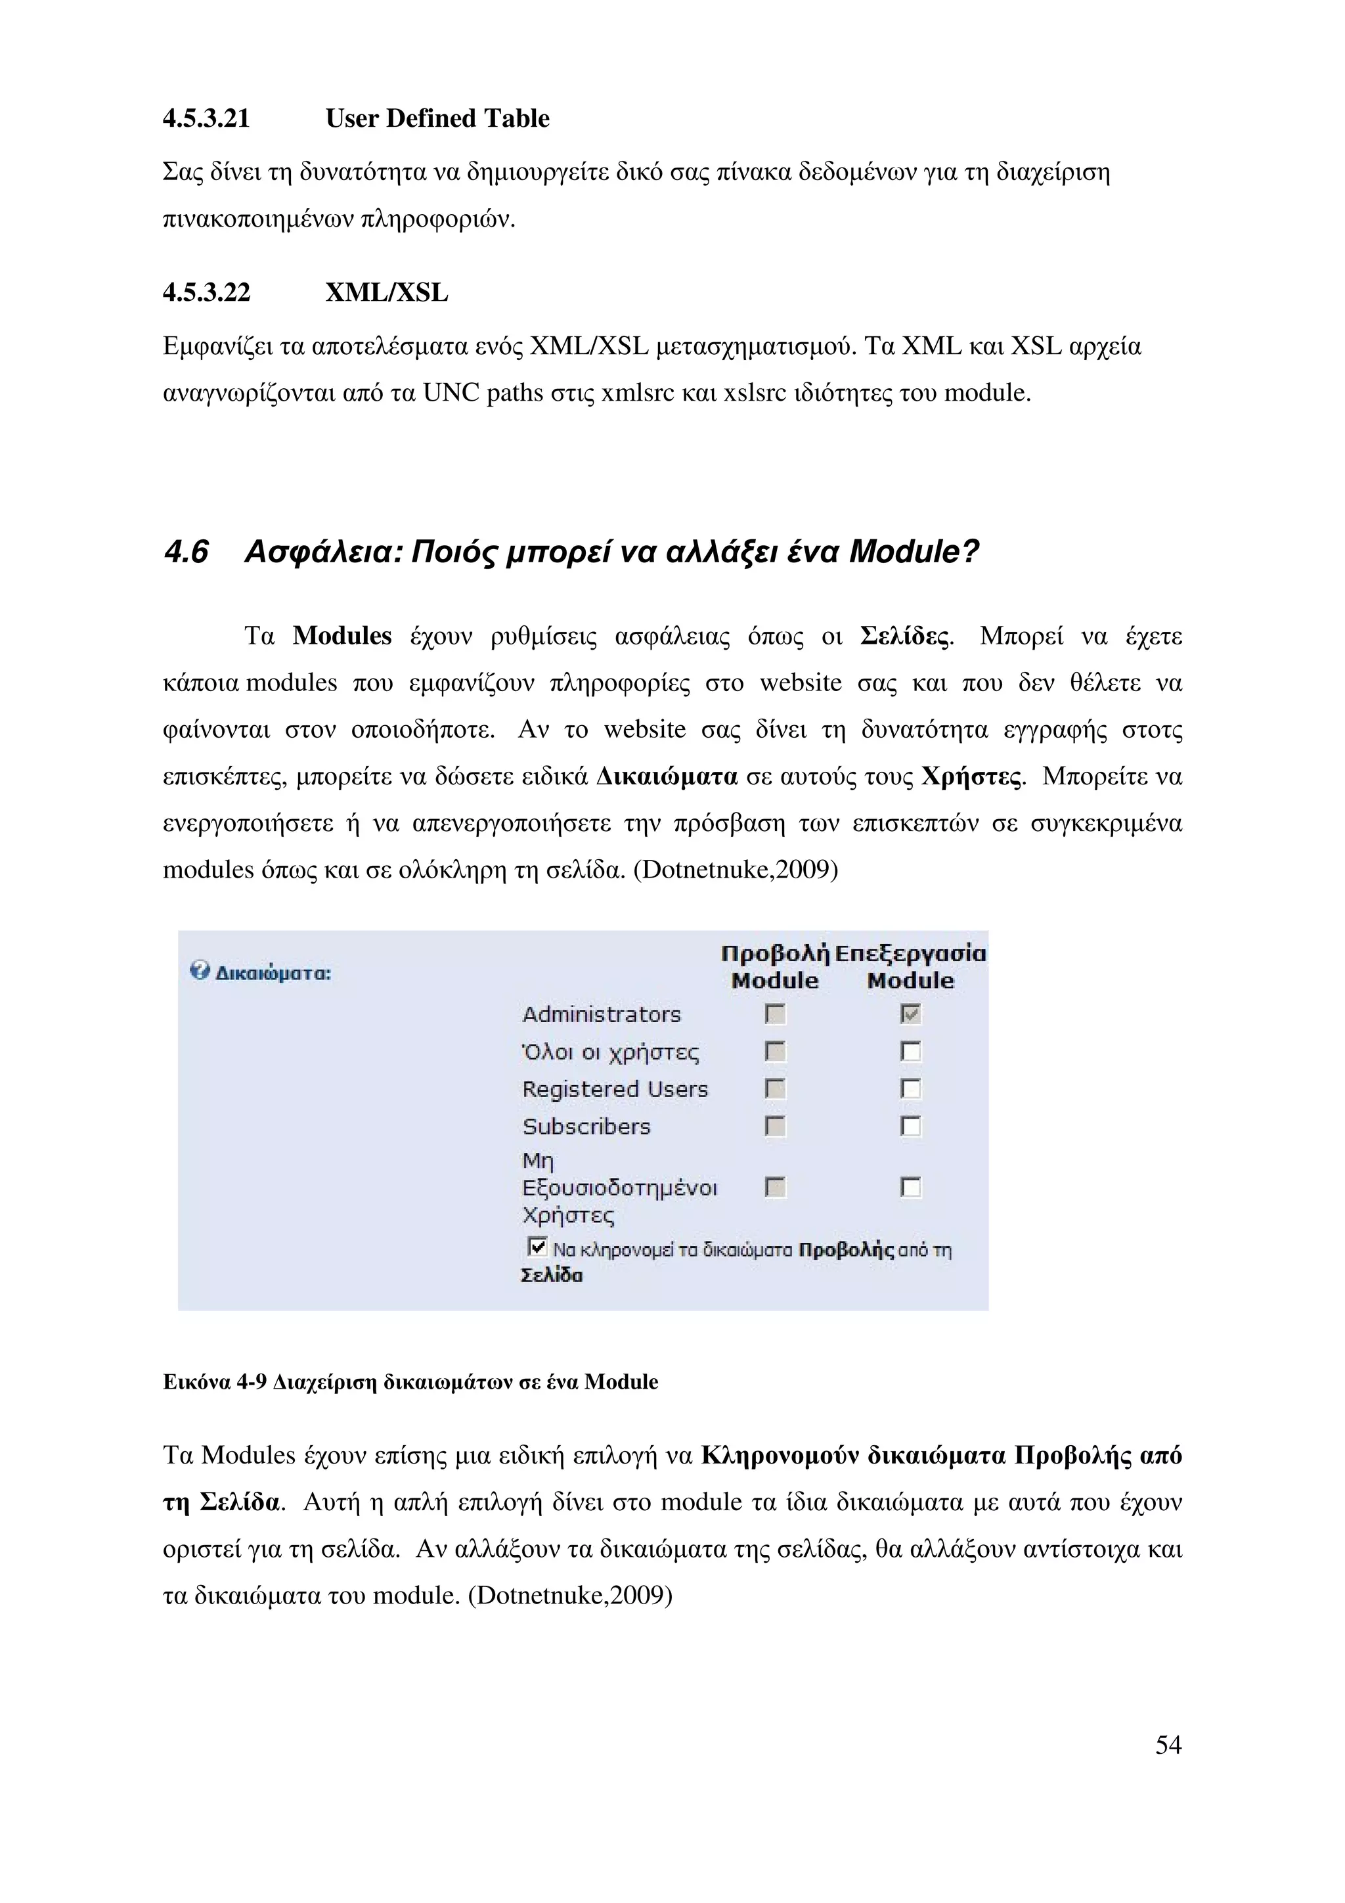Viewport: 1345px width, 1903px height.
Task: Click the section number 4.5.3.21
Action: tap(206, 118)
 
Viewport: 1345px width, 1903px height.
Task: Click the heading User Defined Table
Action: tap(437, 118)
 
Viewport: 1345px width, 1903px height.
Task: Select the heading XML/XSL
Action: tap(386, 292)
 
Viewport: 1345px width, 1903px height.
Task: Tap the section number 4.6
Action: tap(186, 552)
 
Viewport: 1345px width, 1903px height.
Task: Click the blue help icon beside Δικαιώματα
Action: tap(199, 971)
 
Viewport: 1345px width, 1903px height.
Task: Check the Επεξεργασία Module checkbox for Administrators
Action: tap(911, 1014)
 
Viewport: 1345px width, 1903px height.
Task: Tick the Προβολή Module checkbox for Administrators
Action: tap(775, 1014)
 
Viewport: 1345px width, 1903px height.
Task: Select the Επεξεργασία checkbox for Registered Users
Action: tap(911, 1088)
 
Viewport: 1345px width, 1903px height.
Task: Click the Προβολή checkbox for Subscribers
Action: tap(775, 1125)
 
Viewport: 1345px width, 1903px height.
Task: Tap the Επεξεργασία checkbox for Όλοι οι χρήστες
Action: tap(911, 1051)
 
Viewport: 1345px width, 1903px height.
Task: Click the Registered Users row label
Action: tap(615, 1089)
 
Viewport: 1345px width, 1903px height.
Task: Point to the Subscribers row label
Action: tap(586, 1127)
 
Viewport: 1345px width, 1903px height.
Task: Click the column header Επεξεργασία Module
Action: tap(910, 967)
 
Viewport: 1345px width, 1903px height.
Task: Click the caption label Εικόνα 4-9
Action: tap(215, 1383)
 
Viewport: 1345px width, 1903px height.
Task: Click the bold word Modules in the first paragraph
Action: tap(342, 636)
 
